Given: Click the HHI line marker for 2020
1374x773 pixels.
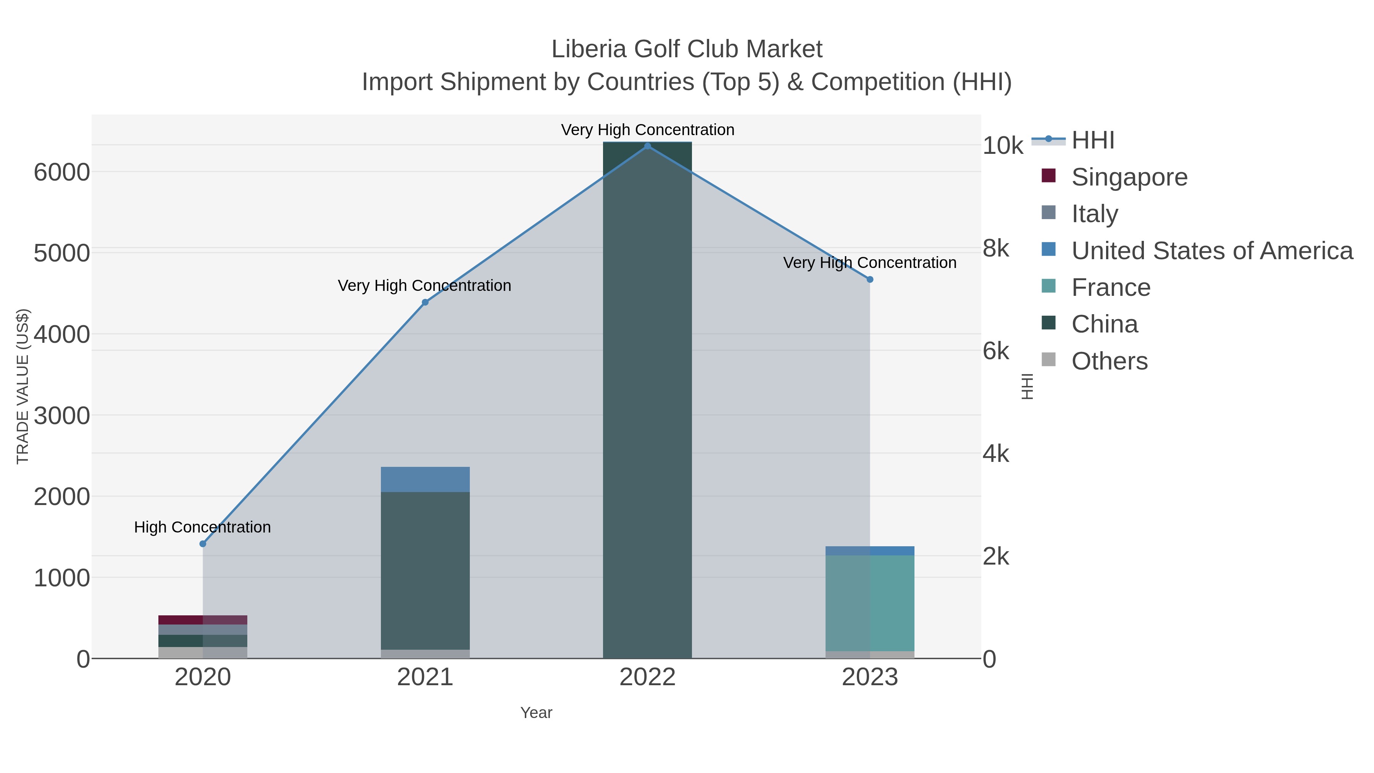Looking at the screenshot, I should [x=203, y=544].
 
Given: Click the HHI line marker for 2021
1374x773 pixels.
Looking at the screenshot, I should [x=425, y=302].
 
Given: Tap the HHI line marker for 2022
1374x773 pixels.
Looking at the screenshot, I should [x=648, y=146].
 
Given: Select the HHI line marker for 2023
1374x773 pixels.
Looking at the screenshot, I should [x=870, y=279].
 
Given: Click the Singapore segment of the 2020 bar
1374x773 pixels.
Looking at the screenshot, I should [x=203, y=620].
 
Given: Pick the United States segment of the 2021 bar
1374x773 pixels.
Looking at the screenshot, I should [x=425, y=479].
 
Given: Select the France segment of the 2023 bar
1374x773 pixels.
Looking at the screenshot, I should [x=870, y=603].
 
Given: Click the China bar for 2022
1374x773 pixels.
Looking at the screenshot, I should [x=648, y=400].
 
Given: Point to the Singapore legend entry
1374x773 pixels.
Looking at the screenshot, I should [x=1129, y=177].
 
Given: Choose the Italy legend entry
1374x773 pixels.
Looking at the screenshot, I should [x=1095, y=214].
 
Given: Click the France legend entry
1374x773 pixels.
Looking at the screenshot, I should [x=1111, y=287].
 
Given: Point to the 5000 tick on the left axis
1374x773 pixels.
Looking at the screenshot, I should [x=62, y=253].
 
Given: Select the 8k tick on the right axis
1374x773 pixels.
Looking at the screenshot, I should [x=996, y=249].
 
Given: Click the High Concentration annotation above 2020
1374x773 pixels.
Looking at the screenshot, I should [x=203, y=527].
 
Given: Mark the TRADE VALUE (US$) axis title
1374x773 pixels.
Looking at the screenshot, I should [x=23, y=386].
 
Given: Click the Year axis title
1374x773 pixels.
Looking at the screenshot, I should [x=536, y=713].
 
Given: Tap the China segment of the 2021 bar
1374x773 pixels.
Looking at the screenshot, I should [x=425, y=571].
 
